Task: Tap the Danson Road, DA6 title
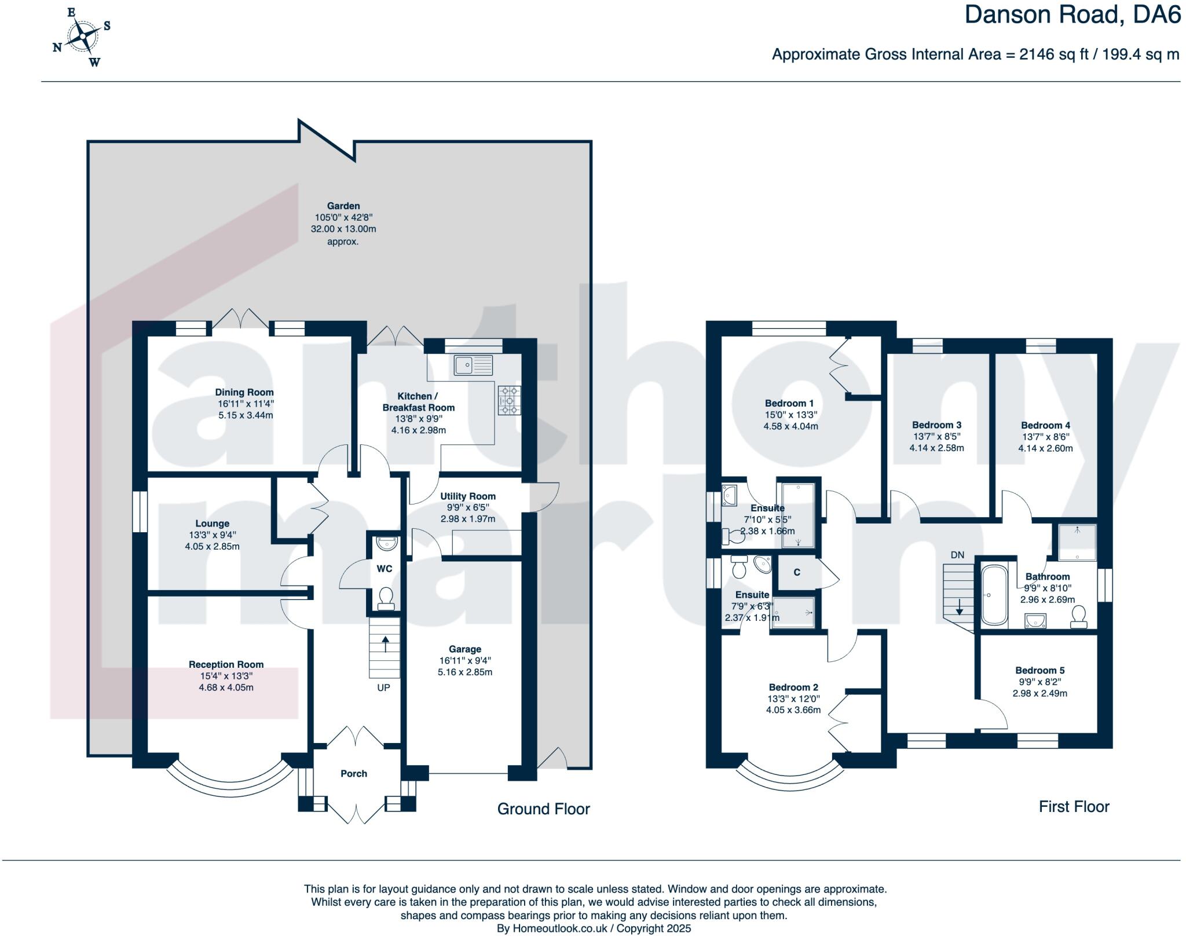tap(1072, 15)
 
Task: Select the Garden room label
tap(343, 206)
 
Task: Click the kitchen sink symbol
tap(473, 365)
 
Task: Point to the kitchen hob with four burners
tap(509, 400)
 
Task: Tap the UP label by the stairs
tap(383, 687)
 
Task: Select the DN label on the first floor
tap(957, 555)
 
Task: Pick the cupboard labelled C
tap(797, 572)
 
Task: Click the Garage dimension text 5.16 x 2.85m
tap(464, 672)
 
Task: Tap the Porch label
tap(354, 773)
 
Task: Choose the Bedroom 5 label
tap(1039, 670)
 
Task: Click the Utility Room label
tap(467, 496)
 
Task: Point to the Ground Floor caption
tap(543, 809)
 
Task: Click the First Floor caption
tap(1074, 807)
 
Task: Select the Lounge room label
tap(212, 523)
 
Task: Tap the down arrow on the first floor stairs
tap(960, 606)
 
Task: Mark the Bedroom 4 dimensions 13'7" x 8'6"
tap(1045, 437)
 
